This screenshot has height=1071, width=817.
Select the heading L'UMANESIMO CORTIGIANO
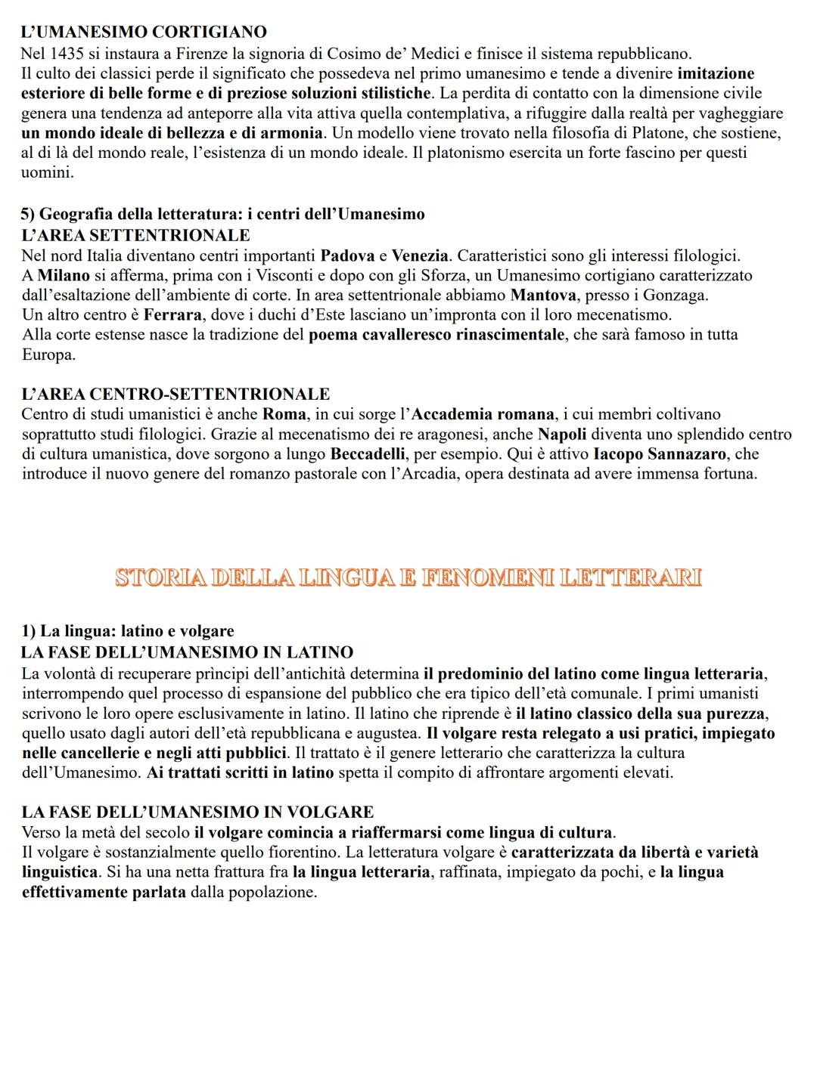[144, 33]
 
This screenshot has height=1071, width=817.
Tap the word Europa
[48, 354]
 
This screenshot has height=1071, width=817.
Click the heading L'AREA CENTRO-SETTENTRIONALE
[176, 395]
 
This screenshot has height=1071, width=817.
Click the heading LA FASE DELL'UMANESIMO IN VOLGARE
[197, 813]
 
